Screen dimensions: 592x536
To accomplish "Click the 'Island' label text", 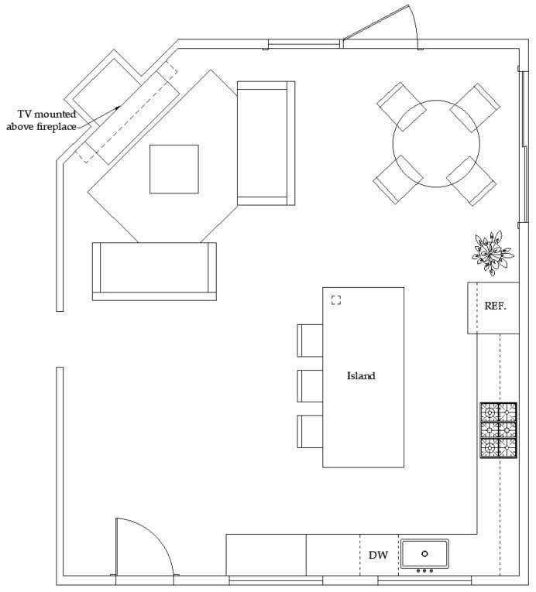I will click(361, 376).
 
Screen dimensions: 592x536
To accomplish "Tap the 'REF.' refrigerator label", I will click(495, 306).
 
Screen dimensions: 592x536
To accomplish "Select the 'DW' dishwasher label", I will click(378, 555).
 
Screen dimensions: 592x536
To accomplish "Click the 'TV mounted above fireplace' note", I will click(42, 121).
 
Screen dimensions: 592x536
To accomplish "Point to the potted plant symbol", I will click(493, 253).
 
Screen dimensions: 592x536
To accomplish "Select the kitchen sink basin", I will click(424, 553).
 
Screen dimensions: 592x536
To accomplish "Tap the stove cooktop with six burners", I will click(498, 430).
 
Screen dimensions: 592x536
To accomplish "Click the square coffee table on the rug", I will click(174, 169).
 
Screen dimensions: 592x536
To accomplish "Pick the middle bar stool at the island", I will click(310, 386).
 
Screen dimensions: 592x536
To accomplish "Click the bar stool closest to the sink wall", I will click(310, 432).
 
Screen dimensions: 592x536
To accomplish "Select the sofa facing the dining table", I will click(266, 143).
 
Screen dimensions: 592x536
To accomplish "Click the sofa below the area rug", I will click(154, 271).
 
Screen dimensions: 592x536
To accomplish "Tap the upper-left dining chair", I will click(401, 107).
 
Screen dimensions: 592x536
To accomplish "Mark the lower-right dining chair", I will click(471, 180).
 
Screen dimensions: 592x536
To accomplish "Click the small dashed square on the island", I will click(336, 299).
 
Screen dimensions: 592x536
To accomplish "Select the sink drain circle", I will click(424, 553).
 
